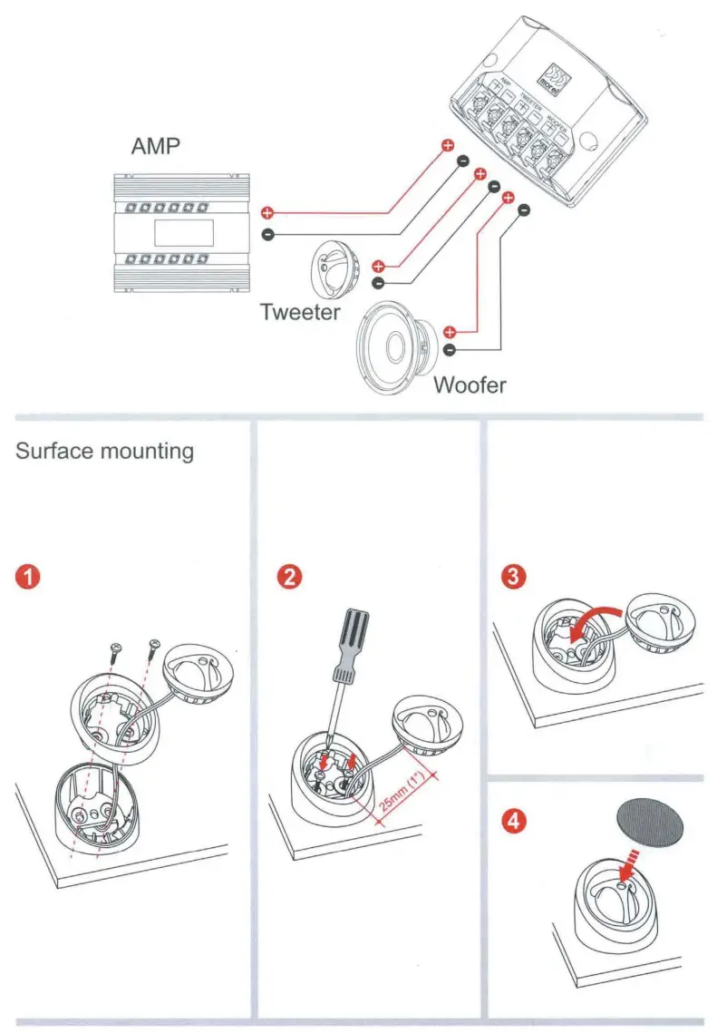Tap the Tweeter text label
(x=300, y=312)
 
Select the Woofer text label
(x=470, y=384)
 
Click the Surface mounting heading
(x=105, y=451)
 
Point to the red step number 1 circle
(x=30, y=577)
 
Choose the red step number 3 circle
(x=513, y=577)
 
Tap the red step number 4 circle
(x=513, y=822)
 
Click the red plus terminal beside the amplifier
(x=267, y=213)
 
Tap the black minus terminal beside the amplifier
(x=267, y=235)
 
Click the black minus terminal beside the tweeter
(x=378, y=282)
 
